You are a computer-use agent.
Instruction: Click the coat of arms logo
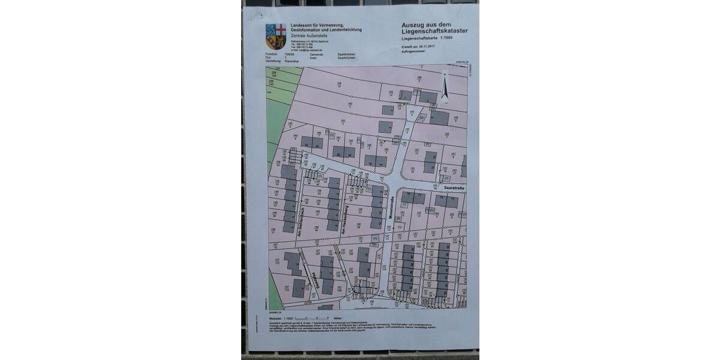point(276,35)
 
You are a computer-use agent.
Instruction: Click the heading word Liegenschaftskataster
point(435,31)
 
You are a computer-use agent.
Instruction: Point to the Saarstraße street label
point(454,188)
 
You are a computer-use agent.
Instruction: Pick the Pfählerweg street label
point(314,282)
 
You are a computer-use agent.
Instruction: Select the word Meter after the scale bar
point(338,318)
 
